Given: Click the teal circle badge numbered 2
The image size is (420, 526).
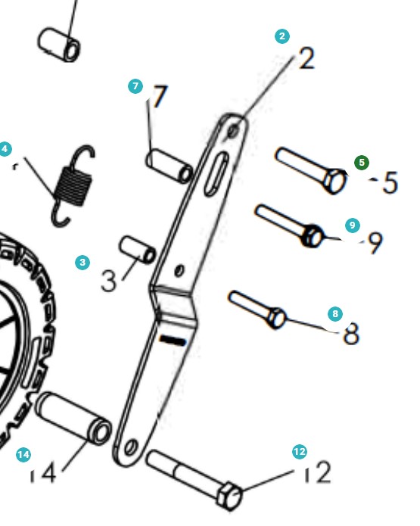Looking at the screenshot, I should pos(282,36).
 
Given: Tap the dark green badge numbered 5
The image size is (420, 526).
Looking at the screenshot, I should pos(362,163).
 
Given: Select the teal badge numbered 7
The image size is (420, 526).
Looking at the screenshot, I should pos(135,87).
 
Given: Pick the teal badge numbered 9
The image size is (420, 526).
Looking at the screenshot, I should pos(351,226).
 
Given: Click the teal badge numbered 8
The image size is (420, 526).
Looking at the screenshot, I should pos(336,313).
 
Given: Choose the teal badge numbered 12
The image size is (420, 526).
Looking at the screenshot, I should pos(300,452).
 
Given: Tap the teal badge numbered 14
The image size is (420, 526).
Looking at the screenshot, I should pos(23,454).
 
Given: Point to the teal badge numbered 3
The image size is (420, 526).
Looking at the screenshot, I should pos(82,263).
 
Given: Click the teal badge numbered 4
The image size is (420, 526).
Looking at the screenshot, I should pos(6,149).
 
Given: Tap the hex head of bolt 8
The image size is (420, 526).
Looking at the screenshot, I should pos(277,318).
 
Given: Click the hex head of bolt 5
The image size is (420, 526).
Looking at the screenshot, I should pos(334,182).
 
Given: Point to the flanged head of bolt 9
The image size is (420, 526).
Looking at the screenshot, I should pos(311,237).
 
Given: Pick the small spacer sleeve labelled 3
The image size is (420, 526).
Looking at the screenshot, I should pos(137,250).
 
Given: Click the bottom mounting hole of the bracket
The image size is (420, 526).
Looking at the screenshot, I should pos(131,450).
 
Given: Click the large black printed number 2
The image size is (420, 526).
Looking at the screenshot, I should pos(306,58).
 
